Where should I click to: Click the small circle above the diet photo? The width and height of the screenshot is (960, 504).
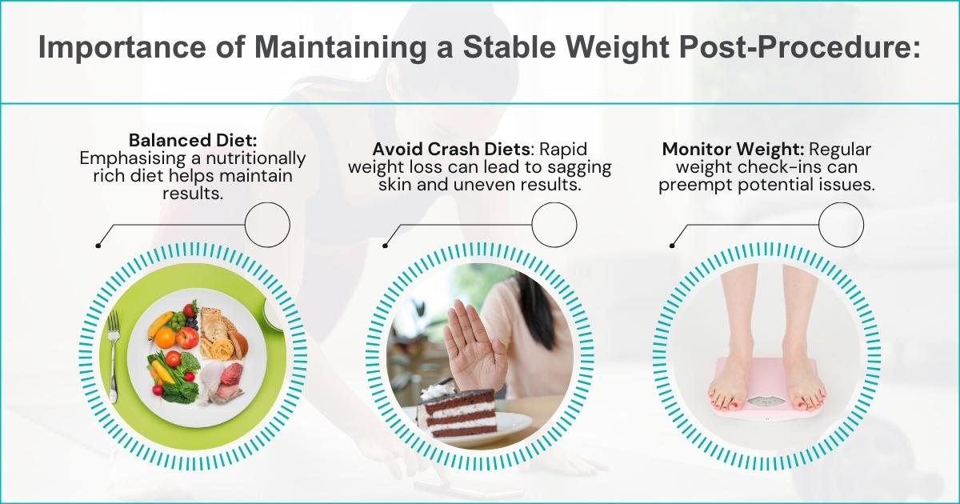(267, 224)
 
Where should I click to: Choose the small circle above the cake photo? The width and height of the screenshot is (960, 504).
(554, 224)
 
